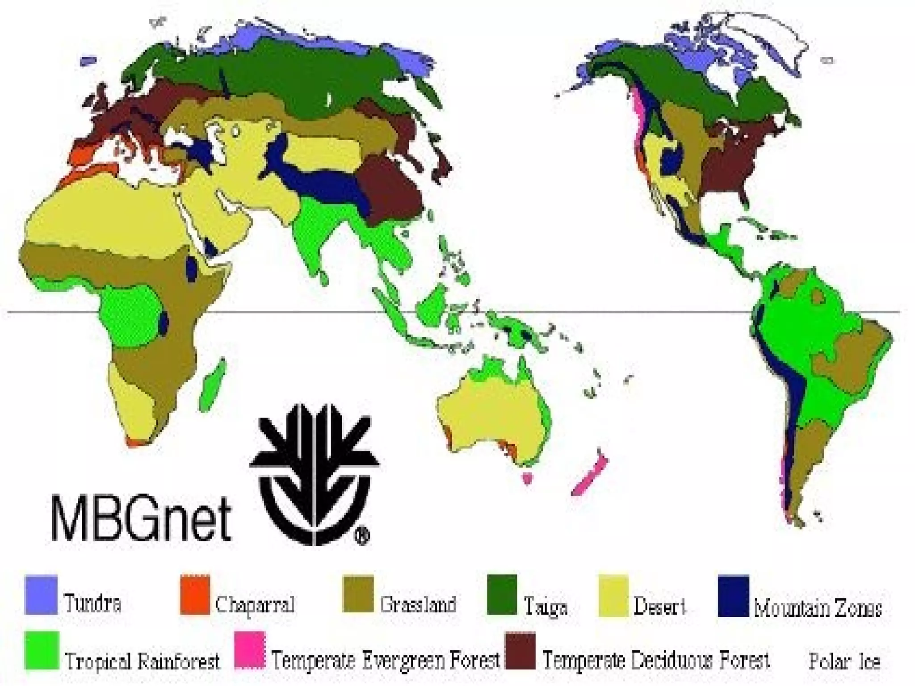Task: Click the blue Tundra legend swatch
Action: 41,595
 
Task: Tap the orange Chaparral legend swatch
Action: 195,595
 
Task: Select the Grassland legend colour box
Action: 358,594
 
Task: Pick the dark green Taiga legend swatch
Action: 502,594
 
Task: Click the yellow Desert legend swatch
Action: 613,596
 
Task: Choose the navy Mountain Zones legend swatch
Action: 733,596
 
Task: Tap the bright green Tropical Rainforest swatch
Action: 42,650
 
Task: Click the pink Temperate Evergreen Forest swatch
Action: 250,650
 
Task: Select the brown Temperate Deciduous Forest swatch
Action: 520,650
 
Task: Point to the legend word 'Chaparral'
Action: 255,605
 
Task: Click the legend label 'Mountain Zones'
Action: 818,608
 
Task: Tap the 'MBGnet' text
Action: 141,518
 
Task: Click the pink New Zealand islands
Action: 590,476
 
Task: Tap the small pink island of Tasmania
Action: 528,478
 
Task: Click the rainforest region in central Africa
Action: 130,315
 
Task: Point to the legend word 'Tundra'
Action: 92,603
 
